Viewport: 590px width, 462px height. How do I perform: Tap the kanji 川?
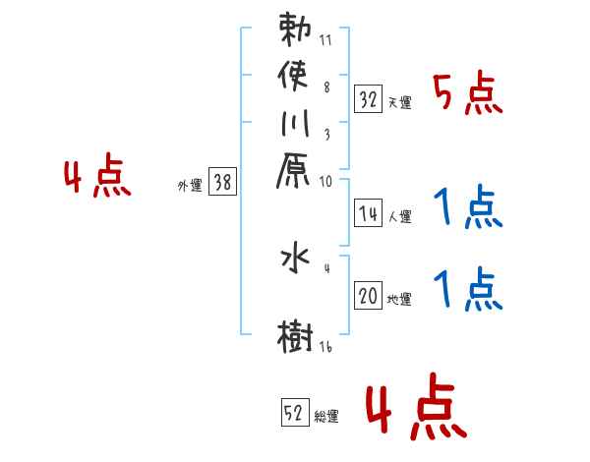pos(296,125)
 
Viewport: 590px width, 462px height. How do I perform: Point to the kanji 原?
pos(296,174)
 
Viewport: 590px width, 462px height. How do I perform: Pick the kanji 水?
pos(296,260)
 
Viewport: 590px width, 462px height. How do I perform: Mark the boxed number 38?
pos(222,183)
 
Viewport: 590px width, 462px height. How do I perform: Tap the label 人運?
pos(399,215)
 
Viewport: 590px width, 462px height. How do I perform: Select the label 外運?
pos(190,186)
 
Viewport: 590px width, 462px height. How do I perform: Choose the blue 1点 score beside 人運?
pos(468,206)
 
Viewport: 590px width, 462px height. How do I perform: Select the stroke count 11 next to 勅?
pos(325,41)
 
